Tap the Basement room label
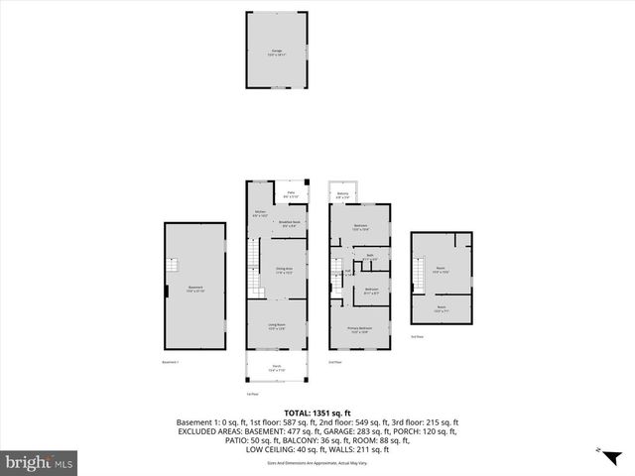click(195, 290)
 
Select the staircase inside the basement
click(173, 265)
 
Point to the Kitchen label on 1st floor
click(260, 214)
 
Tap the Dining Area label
click(283, 270)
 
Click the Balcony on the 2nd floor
click(342, 194)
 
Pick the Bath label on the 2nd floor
click(369, 257)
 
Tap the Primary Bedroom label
click(359, 330)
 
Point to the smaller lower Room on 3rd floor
click(441, 309)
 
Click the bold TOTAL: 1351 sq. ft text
click(317, 414)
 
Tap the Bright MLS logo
click(40, 462)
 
